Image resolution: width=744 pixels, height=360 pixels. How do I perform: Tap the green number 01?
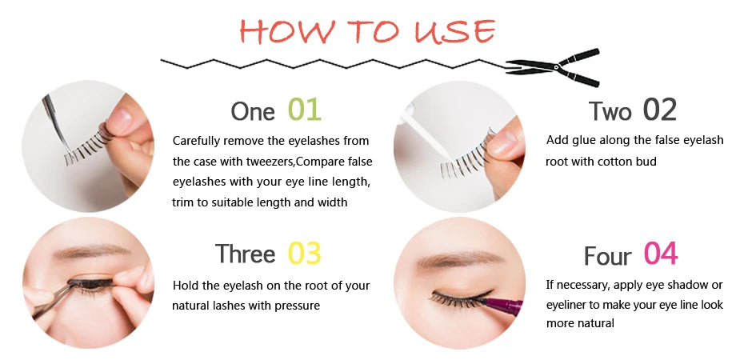pos(305,110)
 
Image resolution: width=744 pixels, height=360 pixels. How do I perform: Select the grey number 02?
pos(659,110)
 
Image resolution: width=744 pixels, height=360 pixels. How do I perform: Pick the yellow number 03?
pos(304,253)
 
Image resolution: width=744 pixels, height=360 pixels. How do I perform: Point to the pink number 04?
pos(661,254)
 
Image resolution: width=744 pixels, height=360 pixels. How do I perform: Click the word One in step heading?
pos(252,111)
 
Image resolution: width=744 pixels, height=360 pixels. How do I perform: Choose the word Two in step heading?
pos(610,111)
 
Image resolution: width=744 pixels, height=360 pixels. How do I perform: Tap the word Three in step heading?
pos(245,254)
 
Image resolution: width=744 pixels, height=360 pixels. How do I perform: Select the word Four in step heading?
pos(607,256)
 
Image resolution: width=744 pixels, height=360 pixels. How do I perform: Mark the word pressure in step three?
pos(295,305)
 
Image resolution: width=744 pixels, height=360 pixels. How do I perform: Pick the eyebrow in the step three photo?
pos(76,253)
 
